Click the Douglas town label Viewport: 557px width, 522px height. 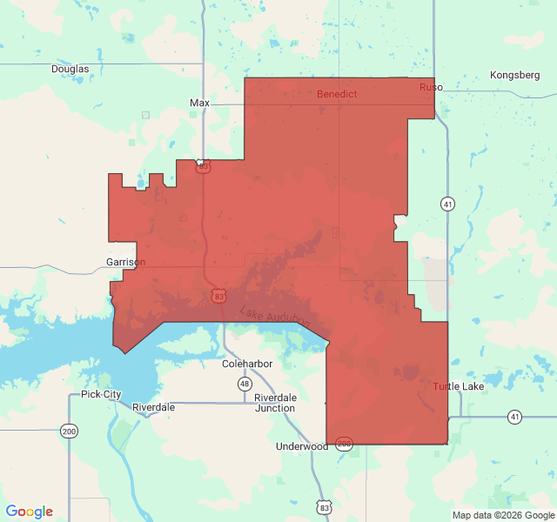point(70,69)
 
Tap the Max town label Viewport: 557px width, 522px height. point(199,103)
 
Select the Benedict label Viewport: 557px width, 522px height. point(336,93)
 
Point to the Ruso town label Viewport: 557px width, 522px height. point(431,87)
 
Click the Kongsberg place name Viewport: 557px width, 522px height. point(515,75)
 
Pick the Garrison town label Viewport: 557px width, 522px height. point(126,261)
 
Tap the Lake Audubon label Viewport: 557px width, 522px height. point(274,318)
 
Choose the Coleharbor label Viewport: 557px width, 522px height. point(248,364)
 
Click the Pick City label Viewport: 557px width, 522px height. point(101,394)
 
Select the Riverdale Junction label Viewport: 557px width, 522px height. point(275,403)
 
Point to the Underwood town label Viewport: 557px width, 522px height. point(301,446)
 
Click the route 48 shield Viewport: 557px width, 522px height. point(245,384)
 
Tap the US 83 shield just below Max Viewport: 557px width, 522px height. point(203,165)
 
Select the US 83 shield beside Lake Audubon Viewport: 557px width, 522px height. point(219,297)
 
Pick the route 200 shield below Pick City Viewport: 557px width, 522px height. point(68,431)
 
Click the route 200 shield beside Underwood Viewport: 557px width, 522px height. point(344,444)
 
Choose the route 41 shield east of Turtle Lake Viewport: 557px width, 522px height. point(515,418)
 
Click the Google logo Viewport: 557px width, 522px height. point(30,512)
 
